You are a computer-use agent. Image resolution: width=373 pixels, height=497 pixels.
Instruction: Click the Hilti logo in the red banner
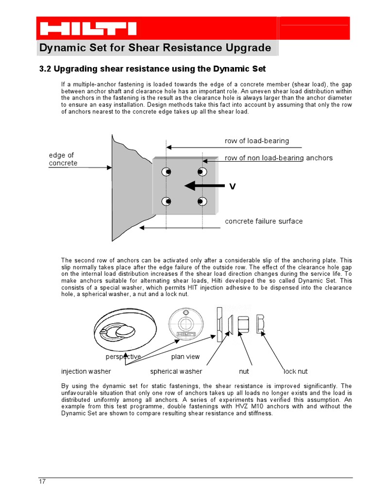[x=88, y=28]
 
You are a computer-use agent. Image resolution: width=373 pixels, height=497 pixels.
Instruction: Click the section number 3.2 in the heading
[x=45, y=69]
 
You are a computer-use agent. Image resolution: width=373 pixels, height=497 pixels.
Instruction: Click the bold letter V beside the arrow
[x=232, y=186]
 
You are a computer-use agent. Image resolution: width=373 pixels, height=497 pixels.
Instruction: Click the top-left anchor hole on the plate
[x=167, y=171]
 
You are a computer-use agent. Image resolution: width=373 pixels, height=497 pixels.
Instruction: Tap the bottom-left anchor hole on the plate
[x=167, y=201]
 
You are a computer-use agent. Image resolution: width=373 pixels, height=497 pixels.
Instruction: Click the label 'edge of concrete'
[x=63, y=159]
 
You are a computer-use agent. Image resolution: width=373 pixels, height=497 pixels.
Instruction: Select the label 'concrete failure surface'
[x=263, y=221]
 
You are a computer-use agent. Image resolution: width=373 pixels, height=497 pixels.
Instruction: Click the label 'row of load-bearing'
[x=256, y=141]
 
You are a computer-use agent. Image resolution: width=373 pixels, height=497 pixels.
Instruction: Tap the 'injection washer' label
[x=86, y=371]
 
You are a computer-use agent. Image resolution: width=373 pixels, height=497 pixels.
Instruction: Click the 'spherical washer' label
[x=176, y=371]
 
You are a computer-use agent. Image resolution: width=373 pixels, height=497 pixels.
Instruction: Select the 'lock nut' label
[x=295, y=371]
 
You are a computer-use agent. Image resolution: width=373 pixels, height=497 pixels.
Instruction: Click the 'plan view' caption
[x=185, y=357]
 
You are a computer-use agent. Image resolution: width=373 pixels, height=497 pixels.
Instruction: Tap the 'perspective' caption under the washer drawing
[x=123, y=357]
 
